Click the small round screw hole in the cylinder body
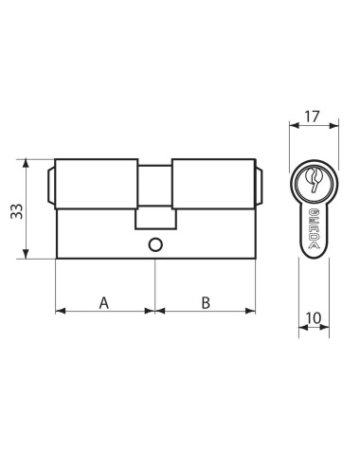coord(154,244)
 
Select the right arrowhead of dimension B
coord(252,310)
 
